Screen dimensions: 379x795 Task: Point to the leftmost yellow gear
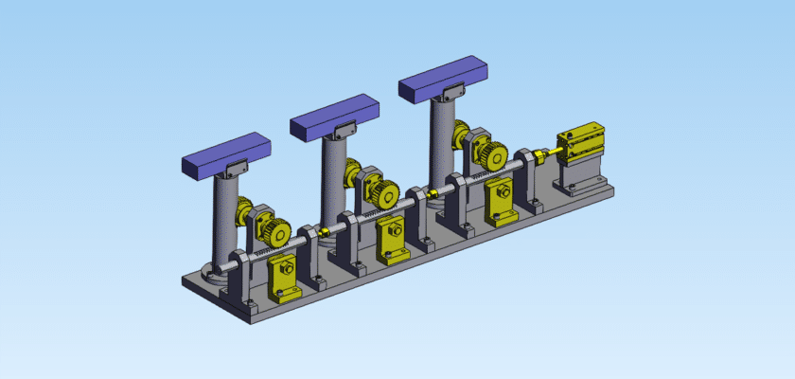click(275, 232)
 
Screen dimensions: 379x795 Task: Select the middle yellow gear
click(384, 194)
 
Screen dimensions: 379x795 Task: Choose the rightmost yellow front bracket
click(500, 203)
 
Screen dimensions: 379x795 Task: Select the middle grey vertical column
click(333, 185)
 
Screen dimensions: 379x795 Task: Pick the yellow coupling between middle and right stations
click(431, 194)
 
